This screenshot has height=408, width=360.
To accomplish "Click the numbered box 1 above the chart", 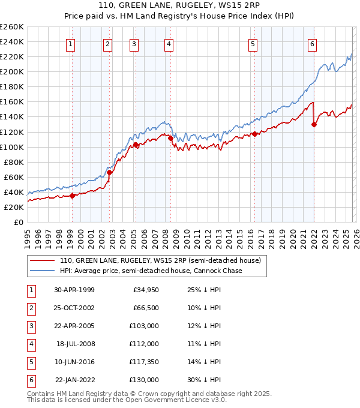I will coord(71,44).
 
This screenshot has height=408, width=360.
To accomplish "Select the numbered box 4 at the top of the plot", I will coord(169,44).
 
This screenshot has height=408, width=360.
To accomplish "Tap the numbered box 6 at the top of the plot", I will coord(313,44).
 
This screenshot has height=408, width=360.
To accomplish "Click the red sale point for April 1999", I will coord(73,195).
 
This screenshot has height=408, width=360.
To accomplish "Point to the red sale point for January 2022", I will coord(314,125).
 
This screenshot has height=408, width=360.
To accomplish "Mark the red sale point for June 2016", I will coord(254,134).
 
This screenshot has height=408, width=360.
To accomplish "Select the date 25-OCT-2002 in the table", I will coord(74,308).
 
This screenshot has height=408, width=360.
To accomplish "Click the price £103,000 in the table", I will coord(144,326).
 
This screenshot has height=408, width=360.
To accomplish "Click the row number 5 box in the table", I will coord(31,362).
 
